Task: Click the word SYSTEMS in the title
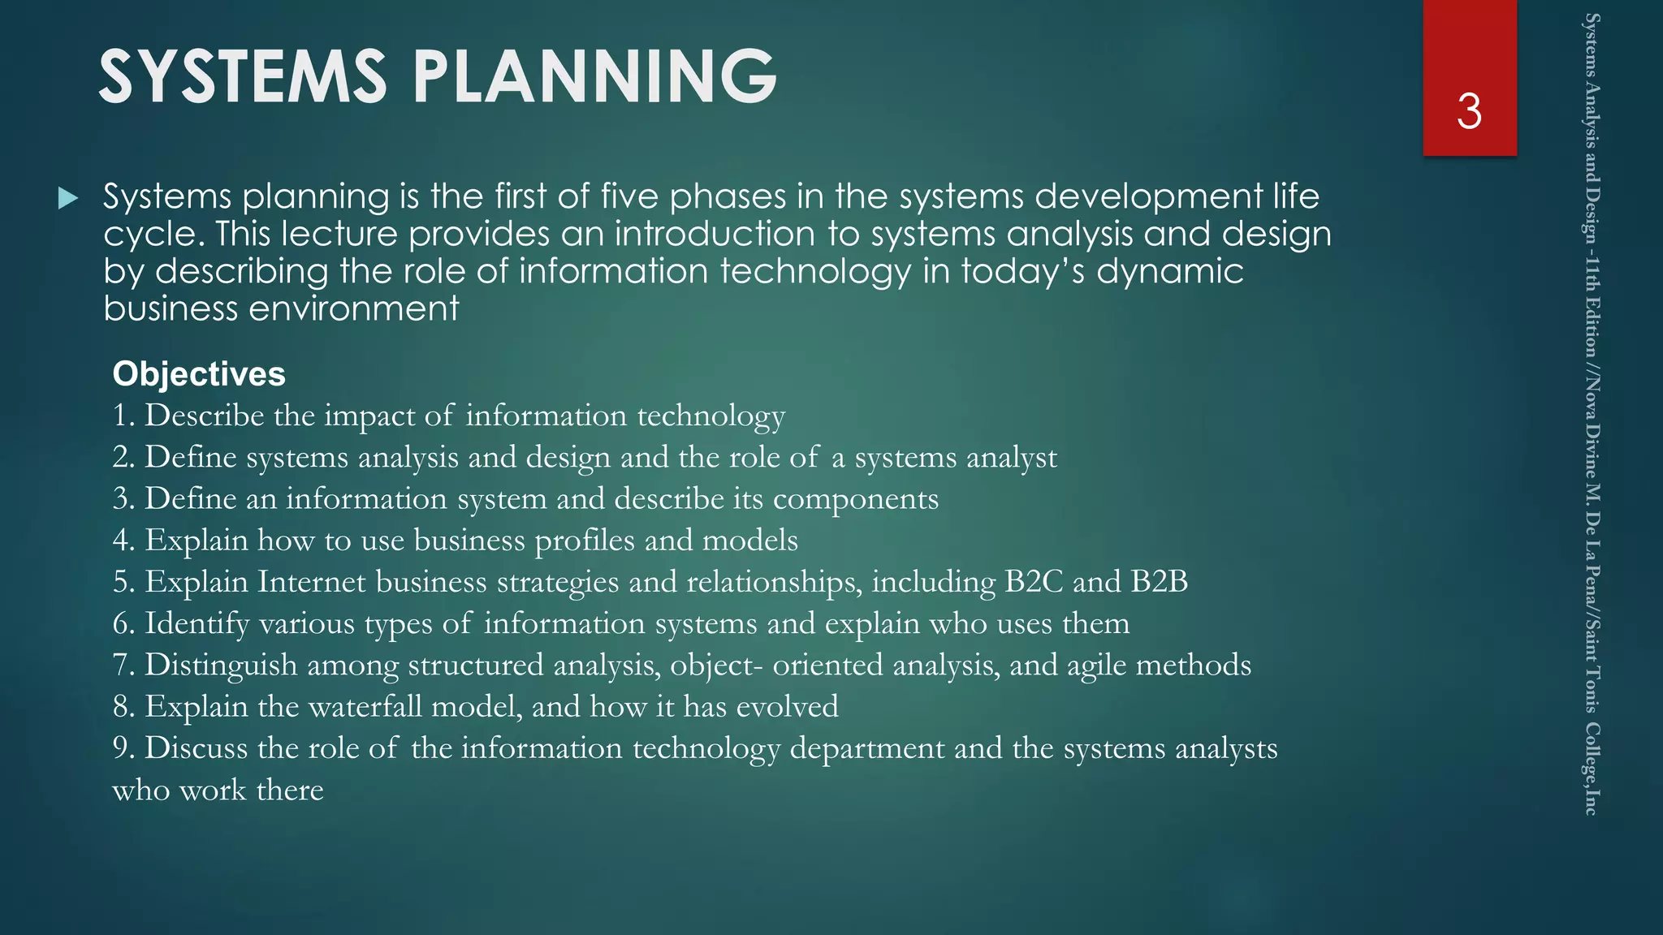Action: point(242,76)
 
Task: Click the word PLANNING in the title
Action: point(594,76)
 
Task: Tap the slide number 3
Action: point(1469,111)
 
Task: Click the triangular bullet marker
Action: point(68,198)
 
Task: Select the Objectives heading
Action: point(199,374)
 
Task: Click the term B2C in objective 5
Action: point(1033,582)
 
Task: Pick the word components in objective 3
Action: point(855,499)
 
